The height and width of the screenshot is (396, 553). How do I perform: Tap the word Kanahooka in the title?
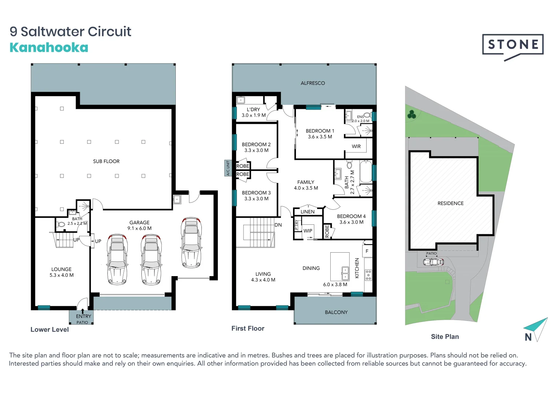pyautogui.click(x=49, y=48)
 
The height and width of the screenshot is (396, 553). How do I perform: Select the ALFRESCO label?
pyautogui.click(x=312, y=83)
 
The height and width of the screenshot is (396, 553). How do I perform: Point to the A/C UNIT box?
pyautogui.click(x=228, y=168)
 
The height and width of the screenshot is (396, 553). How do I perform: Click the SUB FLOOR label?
pyautogui.click(x=106, y=161)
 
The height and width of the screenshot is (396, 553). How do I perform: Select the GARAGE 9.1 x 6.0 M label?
pyautogui.click(x=139, y=225)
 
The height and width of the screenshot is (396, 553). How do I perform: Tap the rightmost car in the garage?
pyautogui.click(x=191, y=242)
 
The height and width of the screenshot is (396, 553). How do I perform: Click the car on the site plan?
pyautogui.click(x=433, y=262)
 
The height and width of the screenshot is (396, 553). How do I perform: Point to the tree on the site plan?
pyautogui.click(x=412, y=114)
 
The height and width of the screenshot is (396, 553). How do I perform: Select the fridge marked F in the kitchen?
pyautogui.click(x=367, y=251)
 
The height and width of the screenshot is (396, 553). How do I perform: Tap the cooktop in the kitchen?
pyautogui.click(x=368, y=275)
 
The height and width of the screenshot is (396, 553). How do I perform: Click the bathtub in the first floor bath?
pyautogui.click(x=365, y=171)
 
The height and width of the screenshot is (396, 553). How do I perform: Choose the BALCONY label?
pyautogui.click(x=336, y=312)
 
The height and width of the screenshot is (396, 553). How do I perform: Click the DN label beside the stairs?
pyautogui.click(x=278, y=225)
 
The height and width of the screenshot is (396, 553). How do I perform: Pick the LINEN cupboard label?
pyautogui.click(x=307, y=212)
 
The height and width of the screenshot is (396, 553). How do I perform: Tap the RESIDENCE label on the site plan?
pyautogui.click(x=450, y=203)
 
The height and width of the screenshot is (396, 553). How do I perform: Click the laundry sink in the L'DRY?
pyautogui.click(x=241, y=100)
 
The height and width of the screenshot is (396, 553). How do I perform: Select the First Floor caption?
pyautogui.click(x=248, y=329)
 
